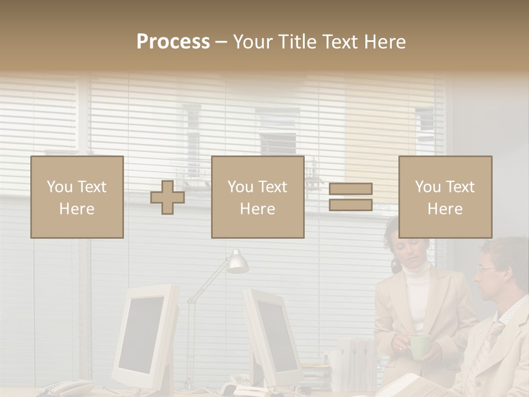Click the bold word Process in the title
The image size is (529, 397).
click(173, 42)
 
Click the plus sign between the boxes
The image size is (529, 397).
click(168, 197)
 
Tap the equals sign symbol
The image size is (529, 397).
click(350, 197)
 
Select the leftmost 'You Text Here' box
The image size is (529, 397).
click(77, 197)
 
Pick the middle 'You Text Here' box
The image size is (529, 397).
click(257, 197)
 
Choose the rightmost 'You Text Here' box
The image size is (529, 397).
click(445, 197)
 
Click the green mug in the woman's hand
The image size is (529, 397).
click(419, 346)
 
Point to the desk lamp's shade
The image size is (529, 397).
click(237, 262)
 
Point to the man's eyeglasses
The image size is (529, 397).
click(488, 269)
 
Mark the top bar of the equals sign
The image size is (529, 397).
click(350, 189)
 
